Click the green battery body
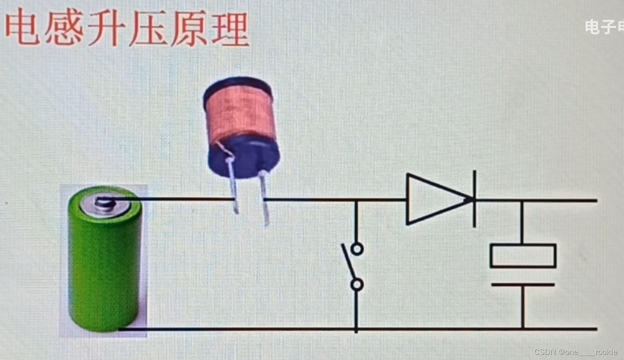click(x=104, y=269)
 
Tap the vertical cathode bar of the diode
click(x=475, y=199)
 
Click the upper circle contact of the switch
click(x=357, y=249)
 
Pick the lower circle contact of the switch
click(x=356, y=285)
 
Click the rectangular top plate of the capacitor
click(x=523, y=256)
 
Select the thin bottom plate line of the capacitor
click(x=523, y=285)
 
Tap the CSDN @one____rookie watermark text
click(x=576, y=352)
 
